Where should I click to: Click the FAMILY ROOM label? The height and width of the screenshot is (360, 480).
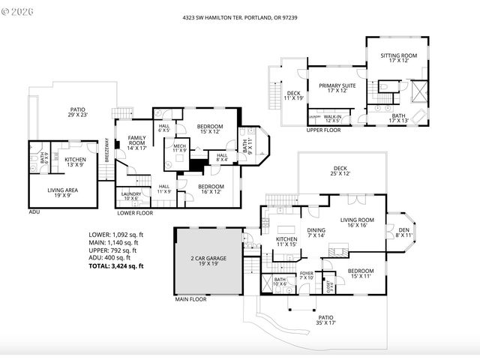tap(136, 140)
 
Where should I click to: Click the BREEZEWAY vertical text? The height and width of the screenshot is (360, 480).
tap(106, 150)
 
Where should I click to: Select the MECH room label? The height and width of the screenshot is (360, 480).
tap(180, 148)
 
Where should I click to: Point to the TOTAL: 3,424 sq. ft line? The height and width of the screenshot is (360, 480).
tap(116, 265)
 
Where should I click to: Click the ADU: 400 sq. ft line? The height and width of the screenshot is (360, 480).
tap(111, 257)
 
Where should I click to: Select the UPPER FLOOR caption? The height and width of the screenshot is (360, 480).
tap(323, 130)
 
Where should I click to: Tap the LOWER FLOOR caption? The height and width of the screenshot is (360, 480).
tap(136, 212)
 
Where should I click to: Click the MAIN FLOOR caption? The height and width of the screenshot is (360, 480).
tap(190, 300)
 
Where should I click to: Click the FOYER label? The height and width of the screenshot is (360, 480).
tap(306, 275)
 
